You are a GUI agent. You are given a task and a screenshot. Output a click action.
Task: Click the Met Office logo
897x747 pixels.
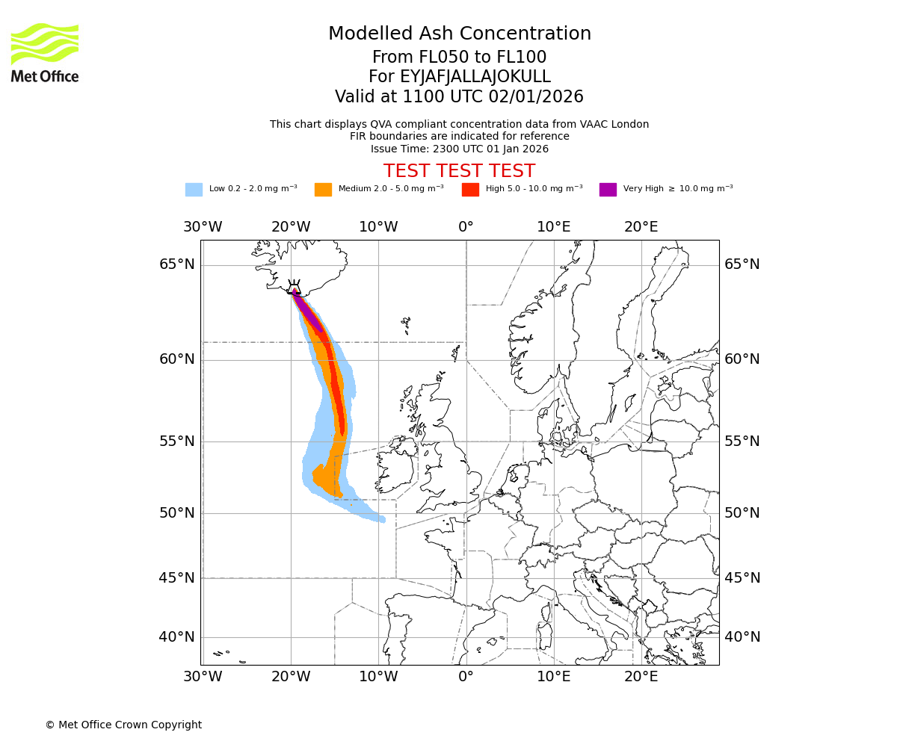pyautogui.click(x=45, y=52)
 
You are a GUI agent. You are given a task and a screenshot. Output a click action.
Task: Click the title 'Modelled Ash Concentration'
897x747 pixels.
pyautogui.click(x=459, y=34)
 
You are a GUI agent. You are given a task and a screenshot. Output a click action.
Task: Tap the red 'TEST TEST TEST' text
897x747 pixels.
pyautogui.click(x=459, y=171)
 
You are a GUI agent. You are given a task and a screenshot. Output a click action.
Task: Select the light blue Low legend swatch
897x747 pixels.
pyautogui.click(x=194, y=189)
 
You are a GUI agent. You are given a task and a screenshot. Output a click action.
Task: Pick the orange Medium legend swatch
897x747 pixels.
pyautogui.click(x=323, y=189)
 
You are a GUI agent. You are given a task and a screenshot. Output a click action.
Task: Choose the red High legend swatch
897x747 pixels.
pyautogui.click(x=470, y=189)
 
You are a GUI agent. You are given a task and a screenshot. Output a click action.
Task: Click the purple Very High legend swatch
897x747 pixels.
pyautogui.click(x=608, y=189)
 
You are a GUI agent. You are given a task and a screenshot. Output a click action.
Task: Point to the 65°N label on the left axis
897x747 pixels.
pyautogui.click(x=177, y=264)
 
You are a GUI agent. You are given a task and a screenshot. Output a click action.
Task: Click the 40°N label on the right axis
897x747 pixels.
pyautogui.click(x=742, y=637)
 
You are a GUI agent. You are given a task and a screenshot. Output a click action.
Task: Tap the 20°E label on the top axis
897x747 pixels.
pyautogui.click(x=641, y=227)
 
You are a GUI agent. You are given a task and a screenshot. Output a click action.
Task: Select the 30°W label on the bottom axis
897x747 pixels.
pyautogui.click(x=203, y=677)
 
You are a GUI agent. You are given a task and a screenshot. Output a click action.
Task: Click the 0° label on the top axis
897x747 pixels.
pyautogui.click(x=466, y=227)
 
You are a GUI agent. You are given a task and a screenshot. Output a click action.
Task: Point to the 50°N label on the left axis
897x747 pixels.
pyautogui.click(x=177, y=513)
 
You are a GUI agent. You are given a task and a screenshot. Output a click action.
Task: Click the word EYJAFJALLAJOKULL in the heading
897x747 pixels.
pyautogui.click(x=476, y=77)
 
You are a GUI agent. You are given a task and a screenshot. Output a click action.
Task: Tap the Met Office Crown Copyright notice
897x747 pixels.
pyautogui.click(x=123, y=725)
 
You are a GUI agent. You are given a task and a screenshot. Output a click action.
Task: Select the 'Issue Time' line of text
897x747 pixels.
pyautogui.click(x=459, y=149)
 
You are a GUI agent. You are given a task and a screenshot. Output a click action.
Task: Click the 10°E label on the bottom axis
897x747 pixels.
pyautogui.click(x=554, y=677)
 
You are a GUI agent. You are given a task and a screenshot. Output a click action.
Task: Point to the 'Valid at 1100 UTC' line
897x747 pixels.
pyautogui.click(x=459, y=97)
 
